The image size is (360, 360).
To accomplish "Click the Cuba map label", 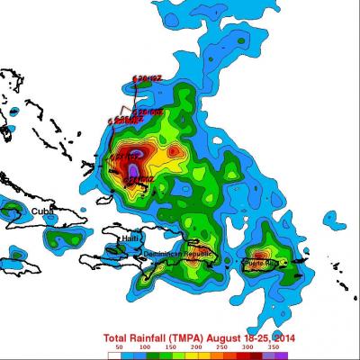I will coord(42,211).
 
